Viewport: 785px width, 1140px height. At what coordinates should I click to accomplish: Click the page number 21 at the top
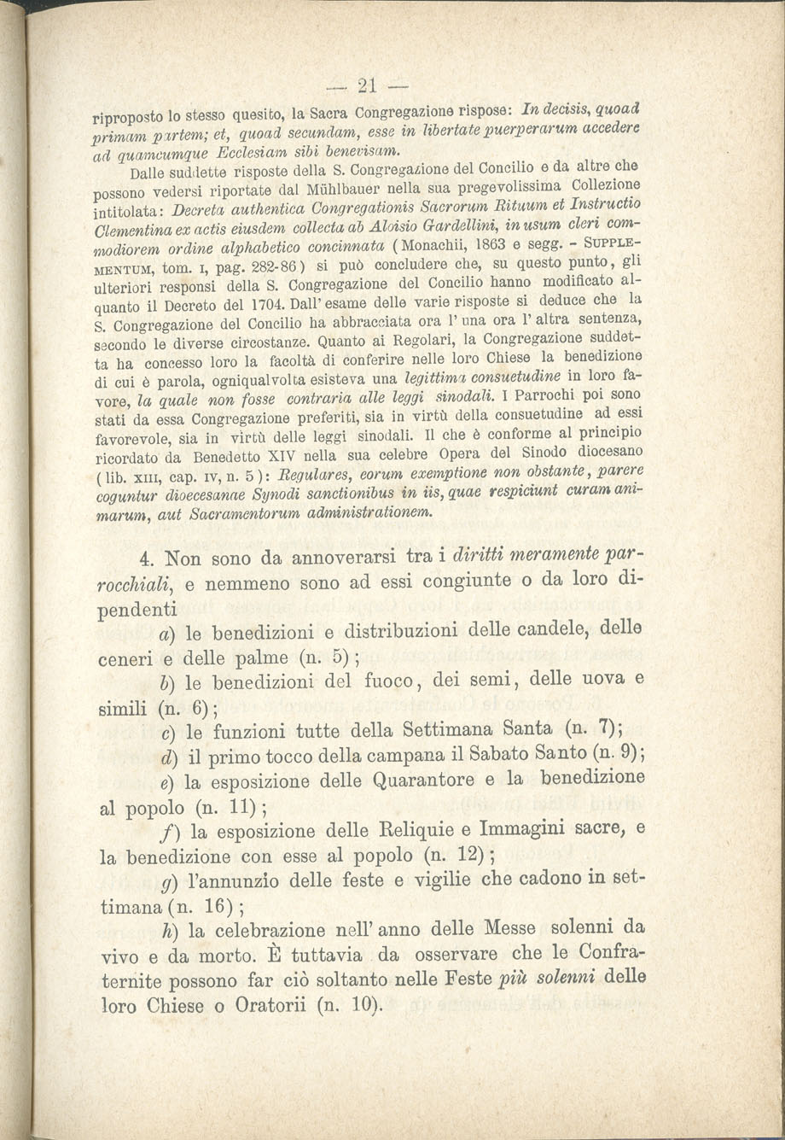click(x=368, y=85)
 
